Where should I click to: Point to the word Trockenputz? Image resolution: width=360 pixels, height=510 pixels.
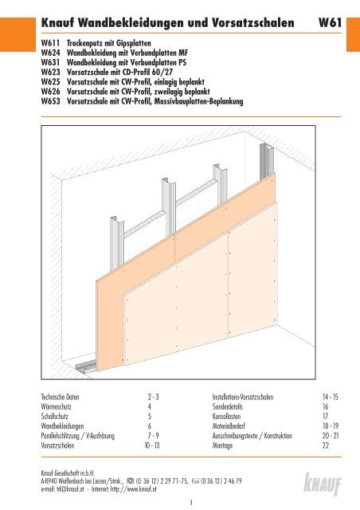coord(86,39)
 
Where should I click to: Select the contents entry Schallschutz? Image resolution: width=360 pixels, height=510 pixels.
coord(57,417)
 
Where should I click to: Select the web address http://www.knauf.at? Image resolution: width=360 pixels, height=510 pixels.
coord(147,492)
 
